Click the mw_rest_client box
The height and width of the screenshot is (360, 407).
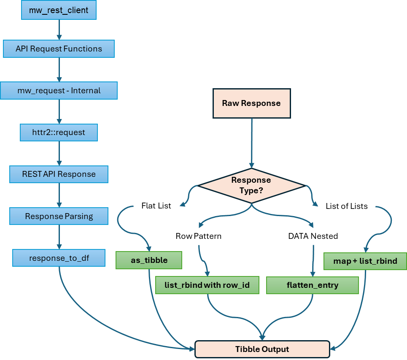pos(59,11)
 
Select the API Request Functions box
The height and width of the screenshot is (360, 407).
pos(59,49)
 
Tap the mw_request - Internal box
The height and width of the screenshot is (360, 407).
pos(59,90)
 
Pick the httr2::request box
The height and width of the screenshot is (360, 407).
pos(59,132)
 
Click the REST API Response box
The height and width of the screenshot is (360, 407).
pos(59,174)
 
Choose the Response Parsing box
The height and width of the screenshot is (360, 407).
pos(59,216)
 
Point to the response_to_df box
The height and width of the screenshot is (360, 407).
pos(59,258)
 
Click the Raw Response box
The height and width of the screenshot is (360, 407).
pos(251,103)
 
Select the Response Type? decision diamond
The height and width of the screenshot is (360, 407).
pos(251,185)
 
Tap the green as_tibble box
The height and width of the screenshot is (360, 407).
pos(149,260)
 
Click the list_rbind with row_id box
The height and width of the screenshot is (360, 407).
pos(207,285)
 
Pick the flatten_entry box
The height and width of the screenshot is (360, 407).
pos(312,285)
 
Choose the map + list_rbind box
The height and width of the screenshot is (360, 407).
pos(365,261)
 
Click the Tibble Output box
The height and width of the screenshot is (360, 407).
pos(262,349)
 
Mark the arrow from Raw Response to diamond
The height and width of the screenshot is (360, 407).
pos(251,143)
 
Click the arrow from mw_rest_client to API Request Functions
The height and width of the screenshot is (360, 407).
pos(59,30)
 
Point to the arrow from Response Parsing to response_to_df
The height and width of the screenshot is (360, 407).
pos(59,237)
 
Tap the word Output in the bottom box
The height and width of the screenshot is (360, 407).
pos(275,349)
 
